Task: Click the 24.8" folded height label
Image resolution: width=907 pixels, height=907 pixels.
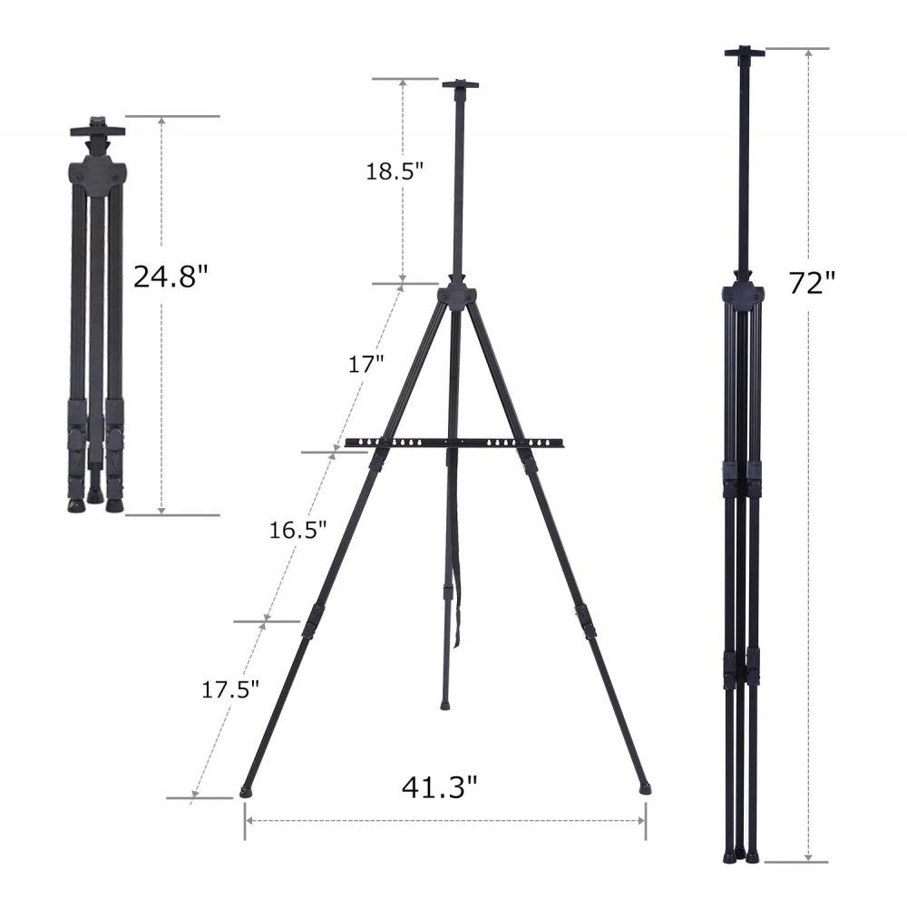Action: [x=170, y=276]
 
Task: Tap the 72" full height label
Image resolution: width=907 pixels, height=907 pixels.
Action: [x=813, y=283]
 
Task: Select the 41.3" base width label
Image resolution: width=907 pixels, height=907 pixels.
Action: [x=440, y=786]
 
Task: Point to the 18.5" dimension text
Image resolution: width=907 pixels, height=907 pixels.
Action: [x=395, y=171]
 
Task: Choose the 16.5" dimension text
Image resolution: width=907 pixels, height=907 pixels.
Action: [x=297, y=530]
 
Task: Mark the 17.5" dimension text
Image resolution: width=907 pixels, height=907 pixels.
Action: [x=230, y=689]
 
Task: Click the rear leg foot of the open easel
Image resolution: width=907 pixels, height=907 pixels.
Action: [x=444, y=706]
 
